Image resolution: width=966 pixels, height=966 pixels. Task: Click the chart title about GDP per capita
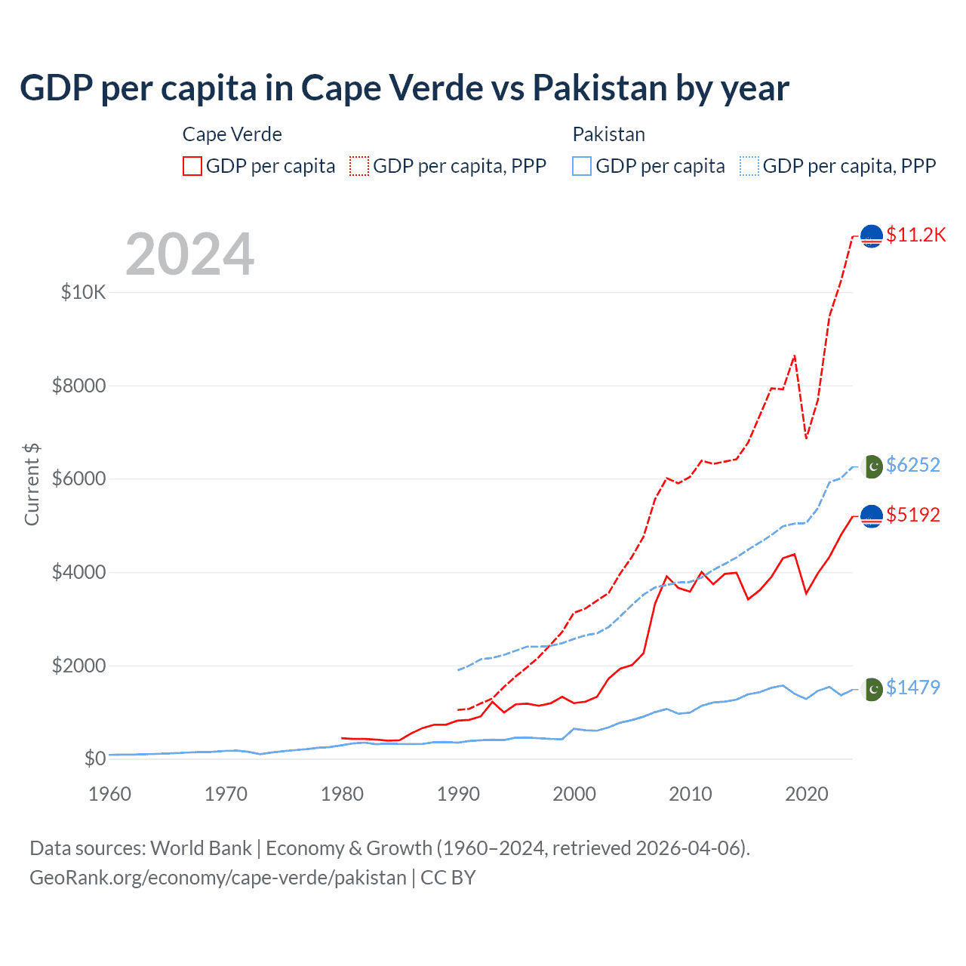[x=405, y=88]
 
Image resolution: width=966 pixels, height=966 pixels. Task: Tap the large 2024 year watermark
[x=190, y=254]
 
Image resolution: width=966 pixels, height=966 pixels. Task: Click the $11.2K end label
[x=915, y=235]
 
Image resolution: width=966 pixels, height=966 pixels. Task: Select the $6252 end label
[x=913, y=465]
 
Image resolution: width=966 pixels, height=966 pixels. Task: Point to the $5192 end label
[x=913, y=515]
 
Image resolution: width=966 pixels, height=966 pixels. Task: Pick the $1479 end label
[x=913, y=688]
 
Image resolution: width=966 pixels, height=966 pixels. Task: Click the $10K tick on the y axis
[x=84, y=292]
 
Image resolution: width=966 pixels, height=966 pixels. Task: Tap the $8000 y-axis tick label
[x=79, y=386]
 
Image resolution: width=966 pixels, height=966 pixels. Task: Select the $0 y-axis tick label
[x=94, y=758]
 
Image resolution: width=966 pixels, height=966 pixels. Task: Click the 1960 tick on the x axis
[x=110, y=794]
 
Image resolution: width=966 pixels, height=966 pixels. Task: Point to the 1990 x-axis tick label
[x=459, y=794]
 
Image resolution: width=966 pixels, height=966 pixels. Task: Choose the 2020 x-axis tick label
[x=807, y=794]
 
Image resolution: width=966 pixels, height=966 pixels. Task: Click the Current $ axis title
[x=32, y=485]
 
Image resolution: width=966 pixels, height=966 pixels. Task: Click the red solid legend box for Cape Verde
[x=192, y=166]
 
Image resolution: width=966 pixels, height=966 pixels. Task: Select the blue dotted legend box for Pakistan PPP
[x=749, y=166]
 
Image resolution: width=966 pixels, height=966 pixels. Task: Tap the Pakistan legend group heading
[x=609, y=134]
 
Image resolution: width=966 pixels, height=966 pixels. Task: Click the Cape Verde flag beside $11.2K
[x=872, y=236]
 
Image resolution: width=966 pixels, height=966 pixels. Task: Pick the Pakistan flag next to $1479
[x=872, y=689]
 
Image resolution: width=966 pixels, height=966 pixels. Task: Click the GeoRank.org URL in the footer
[x=218, y=878]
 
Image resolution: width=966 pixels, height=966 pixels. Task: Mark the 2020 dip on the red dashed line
[x=806, y=438]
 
